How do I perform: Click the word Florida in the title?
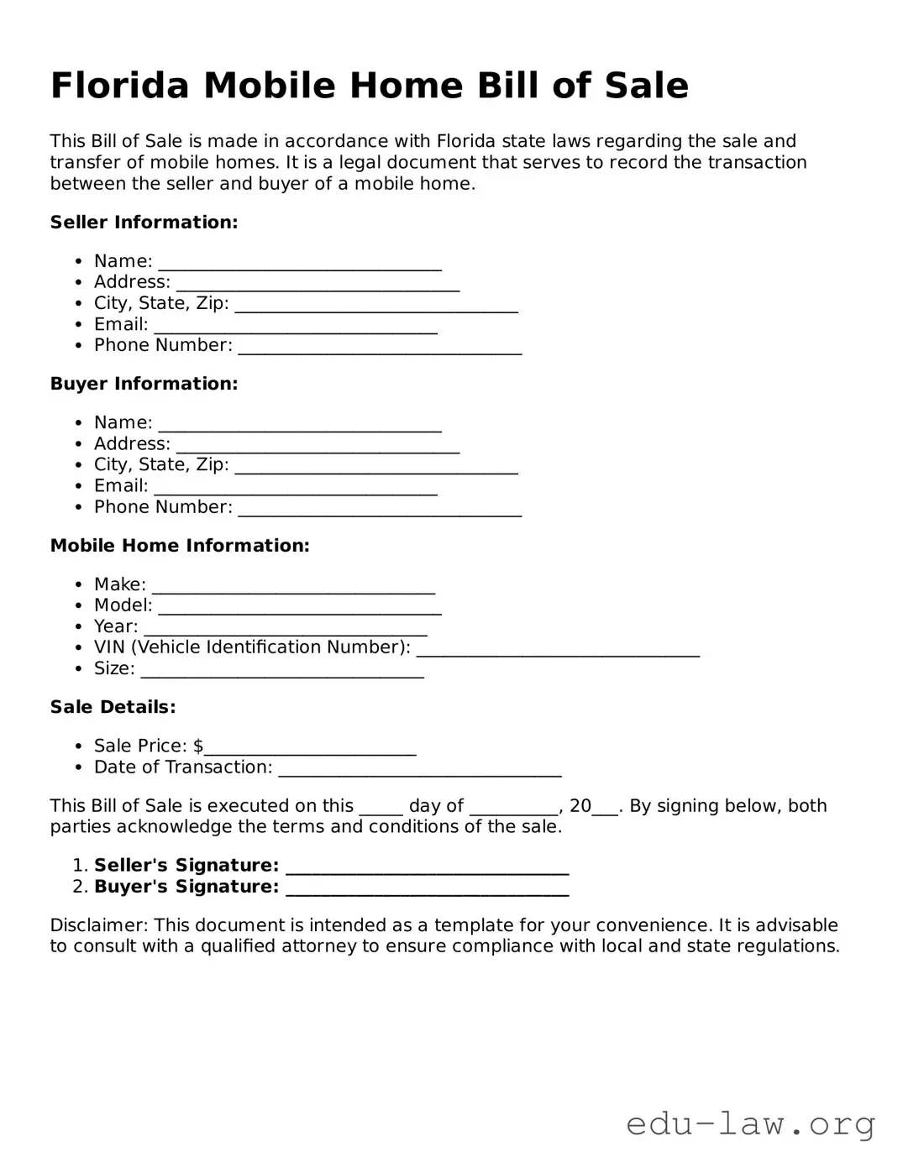119,86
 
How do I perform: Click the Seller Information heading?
144,223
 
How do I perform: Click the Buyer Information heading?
144,384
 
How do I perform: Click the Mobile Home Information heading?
180,546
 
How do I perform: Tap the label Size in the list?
113,668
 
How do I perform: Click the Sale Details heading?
113,707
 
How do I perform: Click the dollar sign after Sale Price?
198,746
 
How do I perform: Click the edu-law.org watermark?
750,1123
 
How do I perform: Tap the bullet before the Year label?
78,627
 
